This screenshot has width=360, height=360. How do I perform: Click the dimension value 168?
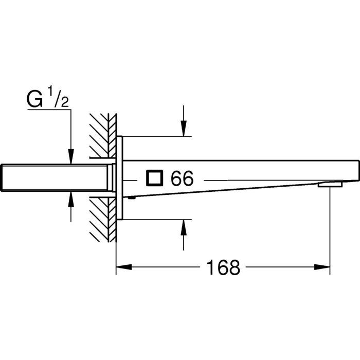(223, 267)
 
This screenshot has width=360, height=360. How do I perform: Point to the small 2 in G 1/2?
(65, 102)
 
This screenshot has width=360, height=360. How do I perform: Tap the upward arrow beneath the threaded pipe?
(71, 199)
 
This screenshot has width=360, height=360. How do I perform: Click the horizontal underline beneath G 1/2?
(49, 110)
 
